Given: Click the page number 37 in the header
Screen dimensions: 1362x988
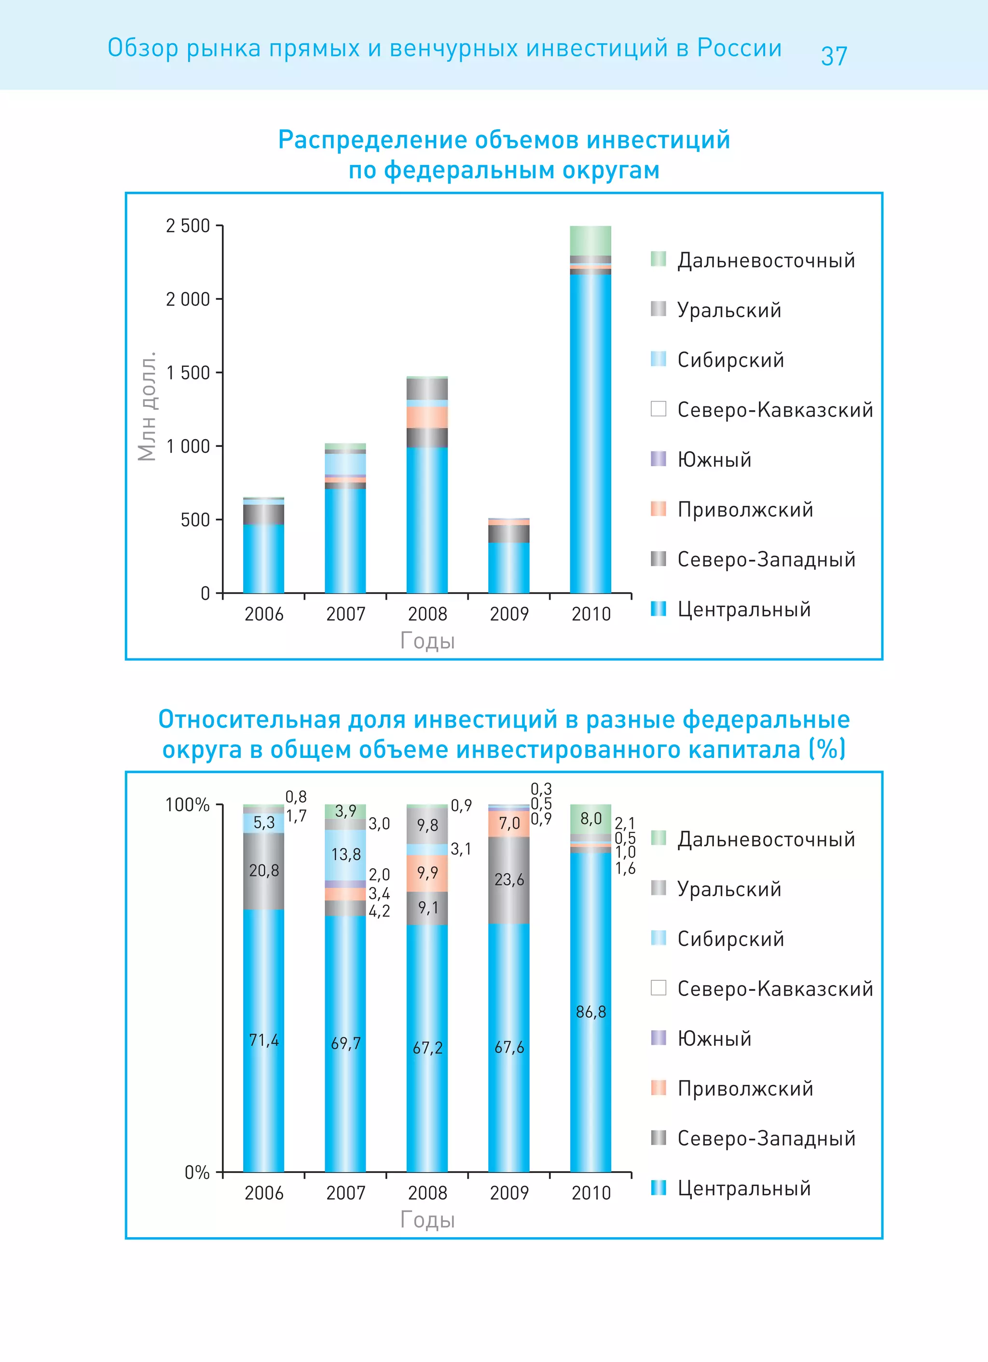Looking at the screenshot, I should [x=834, y=56].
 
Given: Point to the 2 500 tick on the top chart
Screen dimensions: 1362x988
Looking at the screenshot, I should [x=188, y=226].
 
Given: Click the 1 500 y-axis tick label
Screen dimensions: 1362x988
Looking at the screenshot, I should [x=188, y=373].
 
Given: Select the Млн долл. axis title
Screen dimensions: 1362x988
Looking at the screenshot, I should [x=147, y=406].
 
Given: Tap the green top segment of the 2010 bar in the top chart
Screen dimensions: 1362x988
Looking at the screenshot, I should [x=590, y=240].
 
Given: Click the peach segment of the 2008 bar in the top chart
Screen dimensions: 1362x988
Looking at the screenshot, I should [x=426, y=417].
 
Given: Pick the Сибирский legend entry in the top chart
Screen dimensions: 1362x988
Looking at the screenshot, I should [x=730, y=360].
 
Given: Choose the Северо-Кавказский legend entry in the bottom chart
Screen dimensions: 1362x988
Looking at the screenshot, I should [x=775, y=988].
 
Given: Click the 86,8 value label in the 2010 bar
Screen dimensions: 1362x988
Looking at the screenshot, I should [x=591, y=1012].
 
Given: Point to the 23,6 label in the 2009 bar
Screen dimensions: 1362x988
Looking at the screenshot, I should [x=509, y=880].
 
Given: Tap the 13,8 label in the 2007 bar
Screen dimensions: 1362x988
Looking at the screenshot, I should [x=345, y=854].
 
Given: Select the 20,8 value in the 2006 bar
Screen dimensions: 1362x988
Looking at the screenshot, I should [x=264, y=870].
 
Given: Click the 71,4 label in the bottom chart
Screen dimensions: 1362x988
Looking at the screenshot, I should [x=264, y=1040].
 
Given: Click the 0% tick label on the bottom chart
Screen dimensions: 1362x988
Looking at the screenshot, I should [x=196, y=1172].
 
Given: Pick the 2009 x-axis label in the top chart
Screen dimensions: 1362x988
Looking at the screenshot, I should [x=509, y=614].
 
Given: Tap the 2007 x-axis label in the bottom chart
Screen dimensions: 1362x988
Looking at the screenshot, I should [x=345, y=1193].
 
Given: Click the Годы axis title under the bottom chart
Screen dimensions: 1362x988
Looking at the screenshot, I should [x=427, y=1219].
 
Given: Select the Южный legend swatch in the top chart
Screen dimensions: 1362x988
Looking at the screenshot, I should [x=659, y=459].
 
